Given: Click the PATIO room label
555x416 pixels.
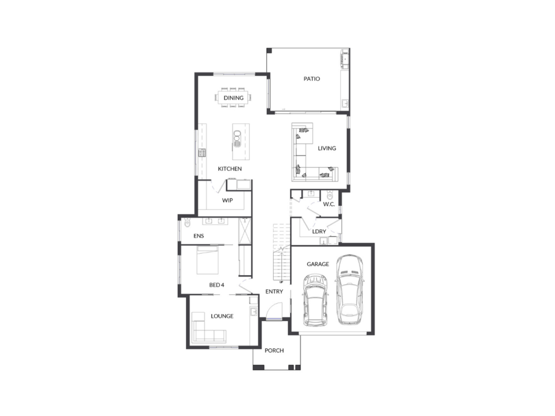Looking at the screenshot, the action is pos(312,79).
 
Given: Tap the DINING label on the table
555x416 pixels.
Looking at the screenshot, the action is pos(234,98).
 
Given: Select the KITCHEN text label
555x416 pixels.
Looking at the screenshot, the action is pos(230,169).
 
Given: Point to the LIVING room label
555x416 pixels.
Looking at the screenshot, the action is pos(327,148).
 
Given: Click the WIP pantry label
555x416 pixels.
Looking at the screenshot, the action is pos(227,200).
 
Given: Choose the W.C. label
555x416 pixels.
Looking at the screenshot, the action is pos(329,204).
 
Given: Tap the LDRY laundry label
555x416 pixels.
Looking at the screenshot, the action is pos(319,231).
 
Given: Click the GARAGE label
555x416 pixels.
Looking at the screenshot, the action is pos(318,264).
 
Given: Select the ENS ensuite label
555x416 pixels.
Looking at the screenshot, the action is pos(198,236).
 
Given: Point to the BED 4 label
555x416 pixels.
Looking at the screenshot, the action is pos(217,285).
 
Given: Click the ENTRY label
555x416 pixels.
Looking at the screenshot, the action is pos(274,291).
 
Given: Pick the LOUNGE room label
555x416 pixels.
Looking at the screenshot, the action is pos(222,316).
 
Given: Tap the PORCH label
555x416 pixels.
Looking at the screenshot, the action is pos(274,350).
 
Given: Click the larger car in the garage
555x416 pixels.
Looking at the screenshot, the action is pos(350,290).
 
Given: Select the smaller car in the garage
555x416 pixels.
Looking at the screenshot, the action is pos(315,301).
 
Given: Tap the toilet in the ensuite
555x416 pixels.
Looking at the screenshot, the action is pos(187,223).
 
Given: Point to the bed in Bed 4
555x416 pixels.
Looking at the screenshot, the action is pos(208,260).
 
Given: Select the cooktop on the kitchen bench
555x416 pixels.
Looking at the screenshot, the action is pos(202,153).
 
